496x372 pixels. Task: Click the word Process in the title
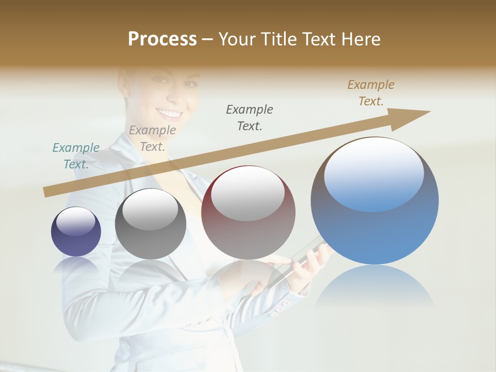162,39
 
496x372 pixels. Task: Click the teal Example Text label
76,156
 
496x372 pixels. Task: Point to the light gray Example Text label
152,138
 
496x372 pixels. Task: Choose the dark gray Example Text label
250,117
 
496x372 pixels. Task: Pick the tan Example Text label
370,92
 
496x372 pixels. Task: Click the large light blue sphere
375,227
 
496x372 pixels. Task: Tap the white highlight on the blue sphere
374,173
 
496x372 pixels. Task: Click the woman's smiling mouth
170,113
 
